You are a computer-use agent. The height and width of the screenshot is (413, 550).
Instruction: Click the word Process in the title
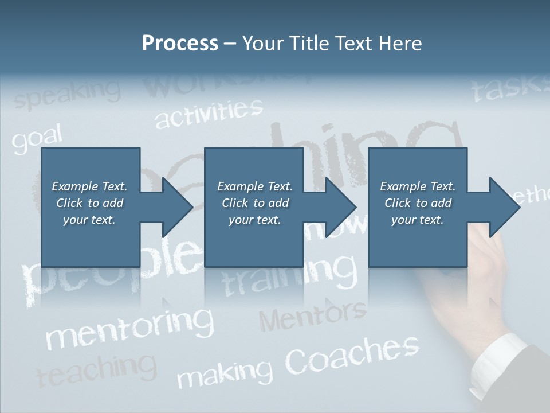click(x=180, y=44)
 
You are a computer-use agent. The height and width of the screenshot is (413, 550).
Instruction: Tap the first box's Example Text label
click(x=89, y=186)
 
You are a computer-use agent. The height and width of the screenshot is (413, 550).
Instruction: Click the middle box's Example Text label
click(x=255, y=186)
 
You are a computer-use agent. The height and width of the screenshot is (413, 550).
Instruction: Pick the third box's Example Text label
click(x=418, y=186)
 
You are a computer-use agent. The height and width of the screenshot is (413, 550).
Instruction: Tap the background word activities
click(x=209, y=113)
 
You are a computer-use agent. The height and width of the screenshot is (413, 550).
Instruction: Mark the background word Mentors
click(x=312, y=315)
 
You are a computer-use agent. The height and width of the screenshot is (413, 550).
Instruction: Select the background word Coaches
click(x=352, y=354)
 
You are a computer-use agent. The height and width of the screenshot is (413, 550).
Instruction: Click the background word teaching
click(x=96, y=370)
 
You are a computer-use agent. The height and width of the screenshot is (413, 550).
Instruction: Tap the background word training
click(x=289, y=275)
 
